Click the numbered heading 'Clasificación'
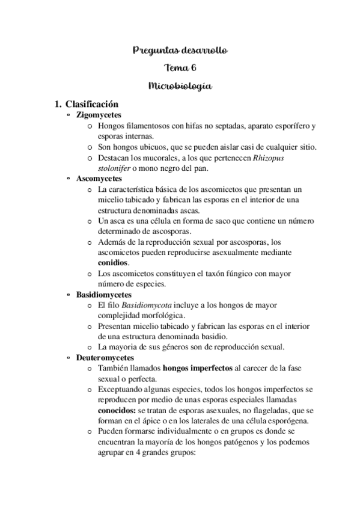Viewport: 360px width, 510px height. [x=91, y=104]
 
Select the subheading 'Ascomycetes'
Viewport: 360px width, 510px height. [x=99, y=179]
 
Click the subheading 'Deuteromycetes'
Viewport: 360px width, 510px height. [x=105, y=357]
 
